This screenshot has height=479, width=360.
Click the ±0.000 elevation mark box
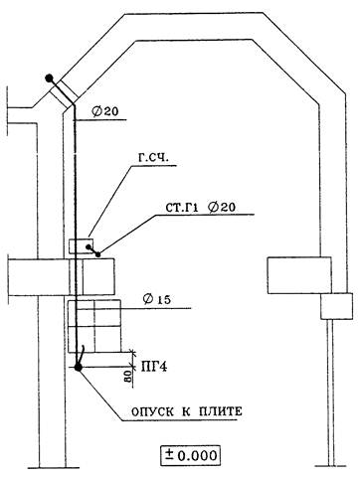(x=190, y=455)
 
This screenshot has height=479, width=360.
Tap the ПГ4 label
(x=154, y=367)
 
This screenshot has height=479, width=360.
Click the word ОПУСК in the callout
(x=153, y=412)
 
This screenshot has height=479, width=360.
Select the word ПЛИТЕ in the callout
(x=221, y=411)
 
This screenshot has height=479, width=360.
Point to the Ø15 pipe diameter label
(x=157, y=300)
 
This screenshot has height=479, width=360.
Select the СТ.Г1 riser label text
(x=182, y=208)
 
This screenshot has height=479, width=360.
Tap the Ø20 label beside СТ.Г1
(x=223, y=208)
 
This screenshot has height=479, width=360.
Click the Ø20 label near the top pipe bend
(x=105, y=111)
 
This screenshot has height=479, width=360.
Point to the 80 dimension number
(x=127, y=376)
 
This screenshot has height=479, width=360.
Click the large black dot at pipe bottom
(x=79, y=367)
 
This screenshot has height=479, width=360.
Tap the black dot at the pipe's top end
(x=50, y=79)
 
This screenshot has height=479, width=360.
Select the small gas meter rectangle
(x=81, y=245)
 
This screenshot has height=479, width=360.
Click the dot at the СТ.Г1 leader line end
(x=98, y=254)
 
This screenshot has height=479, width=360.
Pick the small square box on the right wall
(x=336, y=306)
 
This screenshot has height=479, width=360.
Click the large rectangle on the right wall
(x=299, y=275)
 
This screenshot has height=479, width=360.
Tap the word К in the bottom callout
(x=186, y=412)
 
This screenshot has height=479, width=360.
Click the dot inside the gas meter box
(x=89, y=246)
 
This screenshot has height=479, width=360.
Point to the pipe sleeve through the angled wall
(x=64, y=92)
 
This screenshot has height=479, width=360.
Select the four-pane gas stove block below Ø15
(x=94, y=326)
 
